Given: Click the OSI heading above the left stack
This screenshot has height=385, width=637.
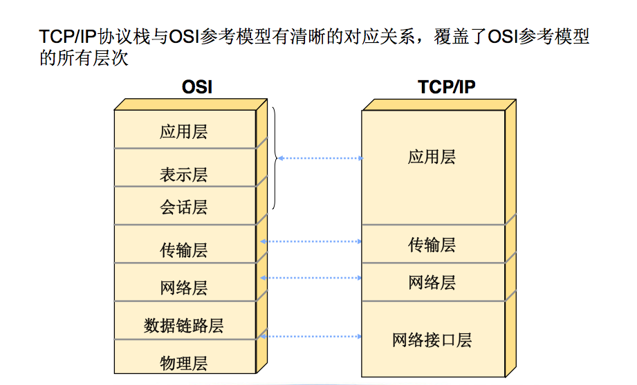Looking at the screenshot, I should [196, 87].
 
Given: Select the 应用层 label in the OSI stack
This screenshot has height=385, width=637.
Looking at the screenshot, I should [183, 131].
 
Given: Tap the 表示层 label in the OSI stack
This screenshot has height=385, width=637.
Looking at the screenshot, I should [183, 175].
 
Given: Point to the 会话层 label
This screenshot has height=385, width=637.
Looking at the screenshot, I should [183, 207].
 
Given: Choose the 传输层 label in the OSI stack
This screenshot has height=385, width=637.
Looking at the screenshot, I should [183, 250].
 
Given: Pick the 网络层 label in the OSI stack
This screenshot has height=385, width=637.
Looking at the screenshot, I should [183, 288].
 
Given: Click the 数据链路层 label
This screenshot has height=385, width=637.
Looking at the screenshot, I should [183, 325].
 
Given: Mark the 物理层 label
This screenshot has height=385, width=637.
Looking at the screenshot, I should [183, 363].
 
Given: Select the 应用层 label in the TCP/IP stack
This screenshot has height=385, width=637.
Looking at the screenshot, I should [432, 157].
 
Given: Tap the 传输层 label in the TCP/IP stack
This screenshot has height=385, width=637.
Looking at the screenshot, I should [432, 245].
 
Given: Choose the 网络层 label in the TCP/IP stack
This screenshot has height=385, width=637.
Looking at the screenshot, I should [432, 282].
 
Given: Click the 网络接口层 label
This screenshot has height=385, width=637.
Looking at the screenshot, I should [432, 340].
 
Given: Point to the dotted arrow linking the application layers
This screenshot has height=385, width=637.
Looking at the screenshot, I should [320, 158].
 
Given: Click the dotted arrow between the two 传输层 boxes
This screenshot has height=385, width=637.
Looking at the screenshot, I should [311, 241].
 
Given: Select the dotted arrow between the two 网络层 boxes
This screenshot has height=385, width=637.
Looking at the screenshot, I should [311, 278].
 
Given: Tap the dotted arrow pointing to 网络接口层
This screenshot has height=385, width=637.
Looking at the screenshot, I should [311, 336].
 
